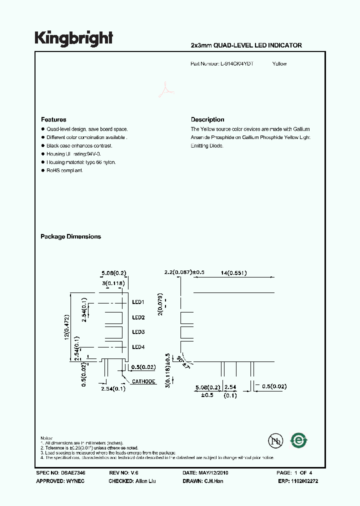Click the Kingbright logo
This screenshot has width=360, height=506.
[74, 38]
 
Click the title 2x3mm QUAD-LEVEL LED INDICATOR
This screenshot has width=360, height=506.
[246, 45]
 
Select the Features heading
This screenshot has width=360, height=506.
[53, 119]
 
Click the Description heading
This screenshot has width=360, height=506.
[207, 119]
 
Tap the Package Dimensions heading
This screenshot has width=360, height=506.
[70, 236]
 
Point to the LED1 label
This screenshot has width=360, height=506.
[138, 302]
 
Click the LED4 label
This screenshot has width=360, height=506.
[138, 347]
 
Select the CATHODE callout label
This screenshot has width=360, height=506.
[144, 381]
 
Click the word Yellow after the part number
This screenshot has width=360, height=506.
[279, 64]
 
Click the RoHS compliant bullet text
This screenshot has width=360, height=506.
[64, 170]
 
